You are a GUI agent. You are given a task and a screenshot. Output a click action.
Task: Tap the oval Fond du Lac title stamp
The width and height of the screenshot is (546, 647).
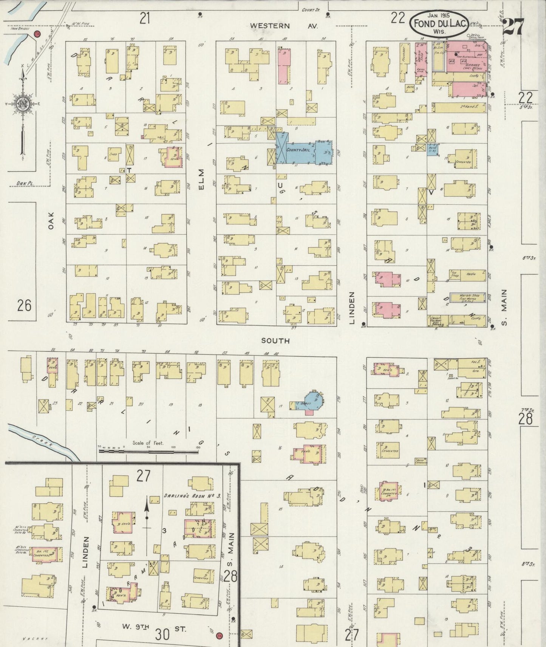pos(439,23)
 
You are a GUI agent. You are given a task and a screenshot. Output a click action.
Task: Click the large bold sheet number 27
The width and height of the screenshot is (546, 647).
pos(513,26)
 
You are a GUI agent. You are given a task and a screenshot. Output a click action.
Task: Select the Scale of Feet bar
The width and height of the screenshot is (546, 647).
pos(147,450)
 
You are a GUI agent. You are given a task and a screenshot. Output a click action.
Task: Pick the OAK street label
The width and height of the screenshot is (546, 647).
pos(51,220)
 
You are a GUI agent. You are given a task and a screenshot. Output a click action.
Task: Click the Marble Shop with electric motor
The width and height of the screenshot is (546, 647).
pos(467,297)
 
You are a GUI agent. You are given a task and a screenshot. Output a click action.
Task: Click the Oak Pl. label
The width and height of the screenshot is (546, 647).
pos(25,183)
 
